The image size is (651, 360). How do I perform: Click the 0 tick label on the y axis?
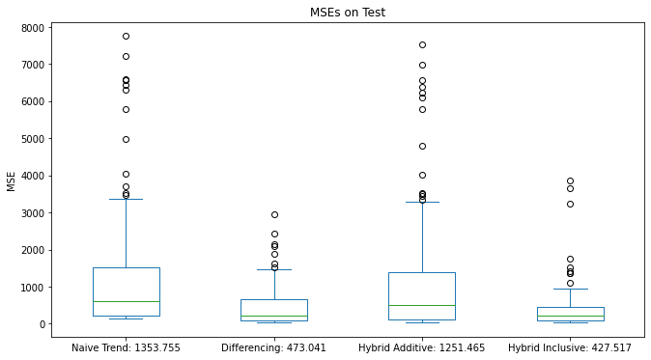pyautogui.click(x=43, y=324)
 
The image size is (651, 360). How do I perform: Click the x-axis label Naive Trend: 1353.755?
pyautogui.click(x=127, y=346)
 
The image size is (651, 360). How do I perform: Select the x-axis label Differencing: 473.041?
pyautogui.click(x=274, y=346)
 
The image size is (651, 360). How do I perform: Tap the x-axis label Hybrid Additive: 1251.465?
pyautogui.click(x=422, y=346)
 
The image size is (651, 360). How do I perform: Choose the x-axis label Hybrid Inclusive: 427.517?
pyautogui.click(x=570, y=346)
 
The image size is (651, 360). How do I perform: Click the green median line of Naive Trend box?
pyautogui.click(x=127, y=301)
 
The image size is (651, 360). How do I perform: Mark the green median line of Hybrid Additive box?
pyautogui.click(x=422, y=305)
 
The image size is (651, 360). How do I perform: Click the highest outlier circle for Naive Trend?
pyautogui.click(x=127, y=36)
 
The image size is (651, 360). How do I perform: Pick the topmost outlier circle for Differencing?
pyautogui.click(x=274, y=214)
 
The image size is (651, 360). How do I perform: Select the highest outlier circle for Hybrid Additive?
pyautogui.click(x=422, y=44)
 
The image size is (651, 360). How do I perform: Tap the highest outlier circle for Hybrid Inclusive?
pyautogui.click(x=570, y=180)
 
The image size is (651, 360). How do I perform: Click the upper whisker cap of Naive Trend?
pyautogui.click(x=127, y=199)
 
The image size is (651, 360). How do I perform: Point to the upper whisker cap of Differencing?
pyautogui.click(x=274, y=269)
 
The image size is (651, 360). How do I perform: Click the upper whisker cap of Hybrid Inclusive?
pyautogui.click(x=570, y=289)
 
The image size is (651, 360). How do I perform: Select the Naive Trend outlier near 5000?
pyautogui.click(x=127, y=139)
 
